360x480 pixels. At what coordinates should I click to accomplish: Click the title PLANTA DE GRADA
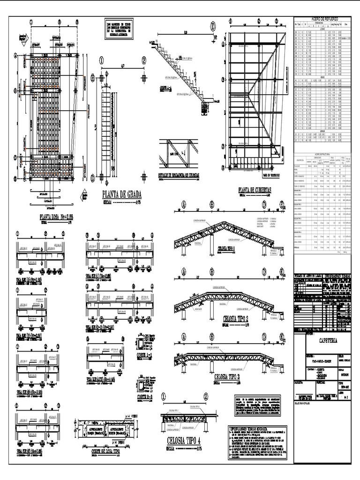pos(121,195)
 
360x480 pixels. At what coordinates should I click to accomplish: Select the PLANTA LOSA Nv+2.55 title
pos(59,217)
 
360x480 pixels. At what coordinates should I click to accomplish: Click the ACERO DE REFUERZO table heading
pos(322,19)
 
